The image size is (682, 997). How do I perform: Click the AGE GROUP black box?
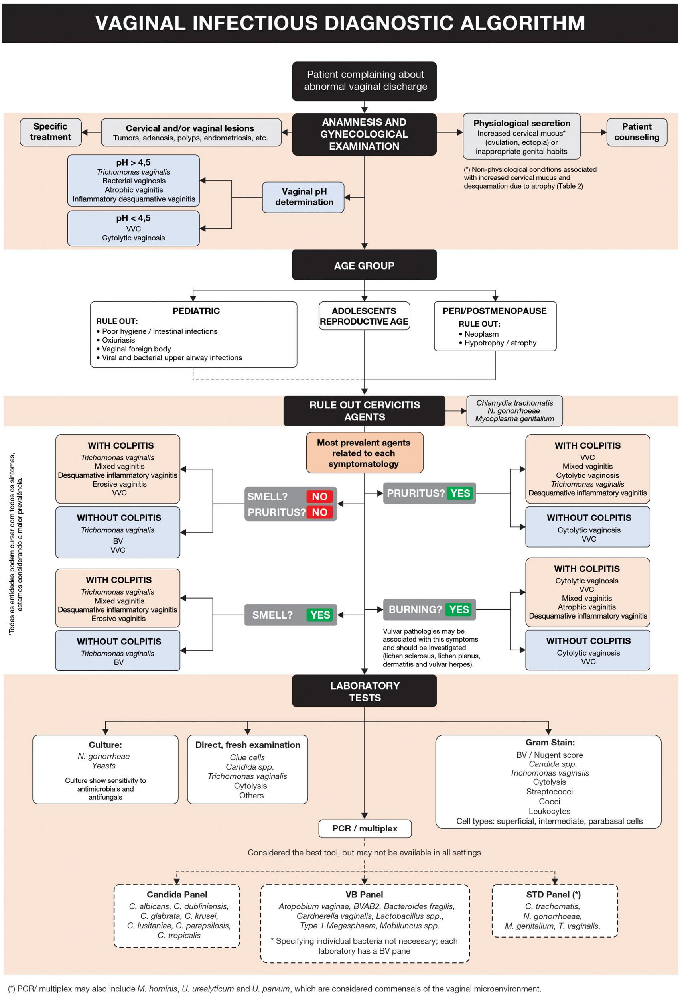pyautogui.click(x=364, y=265)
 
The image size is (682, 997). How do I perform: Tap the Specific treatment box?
pyautogui.click(x=50, y=132)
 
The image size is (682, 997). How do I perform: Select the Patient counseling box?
pyautogui.click(x=637, y=132)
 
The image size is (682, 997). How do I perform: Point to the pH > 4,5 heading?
pyautogui.click(x=133, y=162)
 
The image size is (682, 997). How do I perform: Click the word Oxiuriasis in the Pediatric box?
pyautogui.click(x=118, y=340)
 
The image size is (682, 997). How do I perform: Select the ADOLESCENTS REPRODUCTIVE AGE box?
pyautogui.click(x=364, y=316)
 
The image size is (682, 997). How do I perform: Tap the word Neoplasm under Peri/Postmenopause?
pyautogui.click(x=481, y=334)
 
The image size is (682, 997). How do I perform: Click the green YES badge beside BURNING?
pyautogui.click(x=459, y=609)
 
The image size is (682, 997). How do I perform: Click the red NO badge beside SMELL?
pyautogui.click(x=319, y=496)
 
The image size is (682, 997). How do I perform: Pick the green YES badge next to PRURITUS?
pyautogui.click(x=460, y=493)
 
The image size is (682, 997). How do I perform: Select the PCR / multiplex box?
pyautogui.click(x=365, y=828)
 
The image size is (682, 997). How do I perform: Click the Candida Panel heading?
pyautogui.click(x=177, y=895)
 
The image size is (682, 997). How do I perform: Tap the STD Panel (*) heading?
pyautogui.click(x=553, y=895)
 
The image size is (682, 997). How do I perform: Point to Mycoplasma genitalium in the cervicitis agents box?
pyautogui.click(x=514, y=418)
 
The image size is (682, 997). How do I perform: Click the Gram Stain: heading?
pyautogui.click(x=550, y=742)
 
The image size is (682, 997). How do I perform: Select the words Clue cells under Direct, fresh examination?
pyautogui.click(x=248, y=757)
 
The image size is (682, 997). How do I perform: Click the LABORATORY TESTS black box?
pyautogui.click(x=364, y=691)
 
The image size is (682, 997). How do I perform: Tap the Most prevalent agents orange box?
pyautogui.click(x=364, y=453)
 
